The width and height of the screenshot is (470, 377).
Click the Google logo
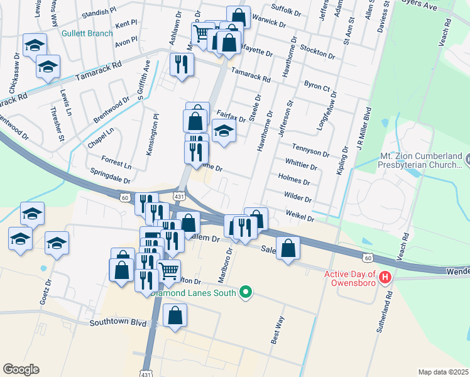coord(21,369)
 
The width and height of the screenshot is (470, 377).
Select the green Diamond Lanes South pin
coord(246,292)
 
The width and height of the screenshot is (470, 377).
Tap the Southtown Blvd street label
coord(118,323)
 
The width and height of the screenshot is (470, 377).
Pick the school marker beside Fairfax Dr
coord(223,131)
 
